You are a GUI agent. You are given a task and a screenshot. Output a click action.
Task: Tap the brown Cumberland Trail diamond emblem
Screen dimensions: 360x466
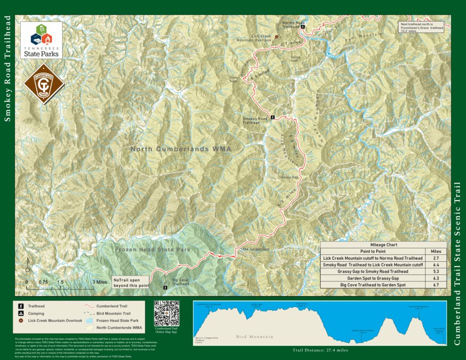coord(44,84)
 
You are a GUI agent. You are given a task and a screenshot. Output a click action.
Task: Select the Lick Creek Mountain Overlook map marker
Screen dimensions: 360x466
coord(276,37)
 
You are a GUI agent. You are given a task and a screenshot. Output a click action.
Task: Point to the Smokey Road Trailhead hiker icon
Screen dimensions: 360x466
coord(273,117)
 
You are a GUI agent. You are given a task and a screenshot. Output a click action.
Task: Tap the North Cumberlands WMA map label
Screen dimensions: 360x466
coord(181,149)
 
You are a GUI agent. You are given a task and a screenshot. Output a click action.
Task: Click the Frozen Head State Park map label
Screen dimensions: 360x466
coord(152,249)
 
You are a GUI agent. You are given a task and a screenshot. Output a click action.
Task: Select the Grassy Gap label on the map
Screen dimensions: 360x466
coord(289,177)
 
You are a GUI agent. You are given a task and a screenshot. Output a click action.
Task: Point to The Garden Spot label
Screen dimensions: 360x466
coord(256,249)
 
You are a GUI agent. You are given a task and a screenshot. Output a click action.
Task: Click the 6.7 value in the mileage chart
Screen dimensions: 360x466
coord(436,285)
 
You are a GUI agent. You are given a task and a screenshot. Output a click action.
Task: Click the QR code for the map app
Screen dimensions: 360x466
coord(166,313)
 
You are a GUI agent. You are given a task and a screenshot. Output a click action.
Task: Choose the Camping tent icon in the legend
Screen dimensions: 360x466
coord(21,313)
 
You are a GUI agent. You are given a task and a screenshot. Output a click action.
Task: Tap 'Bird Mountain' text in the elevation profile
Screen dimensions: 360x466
coord(255,337)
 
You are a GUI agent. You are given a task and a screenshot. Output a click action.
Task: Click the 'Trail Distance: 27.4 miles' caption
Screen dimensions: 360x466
coord(320,350)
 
